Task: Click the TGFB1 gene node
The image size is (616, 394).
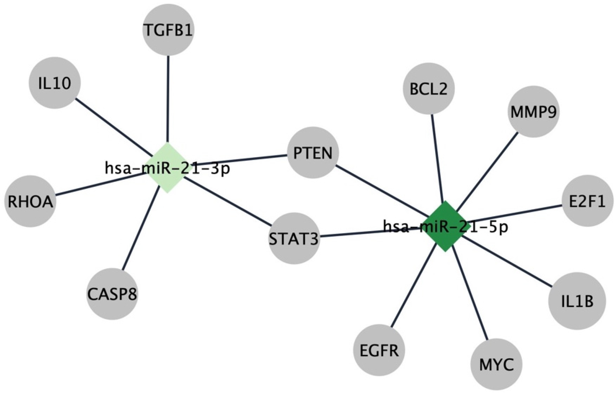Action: click(x=168, y=30)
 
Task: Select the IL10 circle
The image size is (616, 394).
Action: click(x=55, y=83)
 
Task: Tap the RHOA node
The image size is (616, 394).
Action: click(x=30, y=201)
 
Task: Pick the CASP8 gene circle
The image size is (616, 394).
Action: click(x=112, y=294)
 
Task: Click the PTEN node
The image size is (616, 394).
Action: click(x=313, y=153)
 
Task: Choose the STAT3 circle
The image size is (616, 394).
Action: click(x=294, y=239)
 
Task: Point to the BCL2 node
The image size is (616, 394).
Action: click(x=429, y=89)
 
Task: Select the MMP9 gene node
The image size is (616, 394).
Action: click(x=533, y=111)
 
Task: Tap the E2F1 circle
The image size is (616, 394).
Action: click(x=587, y=201)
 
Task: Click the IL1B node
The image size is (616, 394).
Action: click(x=577, y=301)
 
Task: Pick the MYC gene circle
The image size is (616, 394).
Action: click(x=497, y=364)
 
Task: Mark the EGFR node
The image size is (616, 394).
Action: click(x=379, y=350)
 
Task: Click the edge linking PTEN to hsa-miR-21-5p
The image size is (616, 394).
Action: click(x=382, y=191)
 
